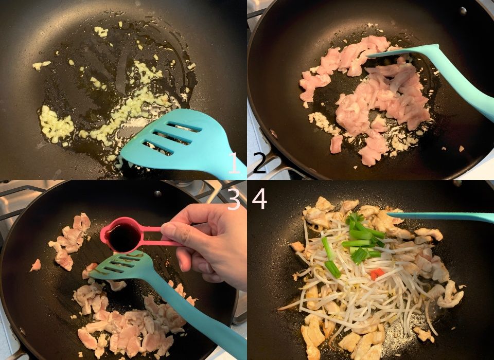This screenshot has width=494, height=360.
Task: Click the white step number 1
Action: click(x=235, y=163)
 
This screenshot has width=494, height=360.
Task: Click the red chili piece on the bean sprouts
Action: click(x=377, y=274)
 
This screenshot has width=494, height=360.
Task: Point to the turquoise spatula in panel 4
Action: click(x=440, y=217)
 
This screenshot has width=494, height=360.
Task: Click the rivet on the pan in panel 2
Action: click(x=463, y=11)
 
